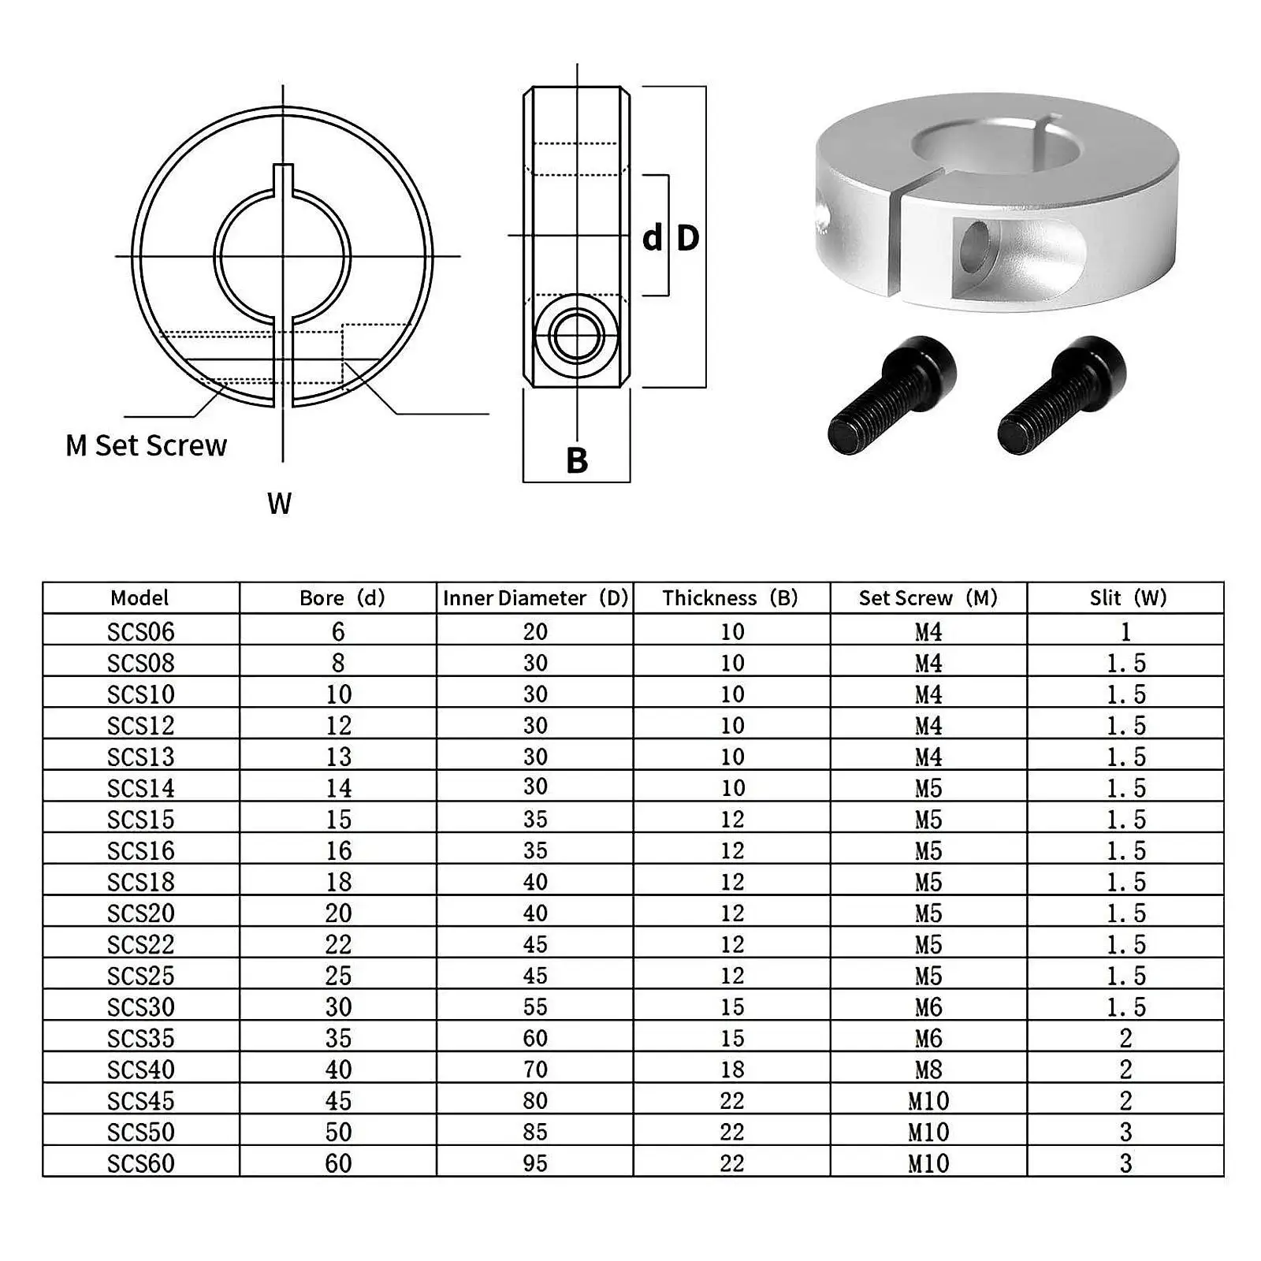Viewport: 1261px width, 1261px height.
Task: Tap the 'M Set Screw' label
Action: pyautogui.click(x=146, y=446)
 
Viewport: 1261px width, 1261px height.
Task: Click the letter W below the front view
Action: pyautogui.click(x=279, y=504)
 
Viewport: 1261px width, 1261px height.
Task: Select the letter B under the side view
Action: pyautogui.click(x=577, y=461)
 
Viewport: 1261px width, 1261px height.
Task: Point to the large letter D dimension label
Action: pyautogui.click(x=687, y=238)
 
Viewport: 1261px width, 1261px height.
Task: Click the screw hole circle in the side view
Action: pyautogui.click(x=576, y=337)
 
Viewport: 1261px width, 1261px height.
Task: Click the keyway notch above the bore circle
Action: pyautogui.click(x=283, y=178)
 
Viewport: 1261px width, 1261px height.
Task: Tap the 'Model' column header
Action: pyautogui.click(x=139, y=598)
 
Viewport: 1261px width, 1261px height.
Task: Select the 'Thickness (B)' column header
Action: pyautogui.click(x=731, y=598)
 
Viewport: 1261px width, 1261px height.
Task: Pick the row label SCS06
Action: pyautogui.click(x=140, y=632)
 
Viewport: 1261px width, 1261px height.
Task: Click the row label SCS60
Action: pyautogui.click(x=140, y=1163)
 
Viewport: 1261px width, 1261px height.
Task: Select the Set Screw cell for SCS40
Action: pyautogui.click(x=928, y=1069)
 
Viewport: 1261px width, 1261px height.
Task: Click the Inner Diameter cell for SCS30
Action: pyautogui.click(x=535, y=1007)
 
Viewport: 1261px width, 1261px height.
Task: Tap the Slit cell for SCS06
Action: pyautogui.click(x=1125, y=632)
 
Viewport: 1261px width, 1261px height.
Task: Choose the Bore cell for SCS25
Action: pyautogui.click(x=338, y=976)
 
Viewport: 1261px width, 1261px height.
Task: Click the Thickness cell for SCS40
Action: pyautogui.click(x=731, y=1069)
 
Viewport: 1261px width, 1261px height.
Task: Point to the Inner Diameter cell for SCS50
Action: pyautogui.click(x=535, y=1132)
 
